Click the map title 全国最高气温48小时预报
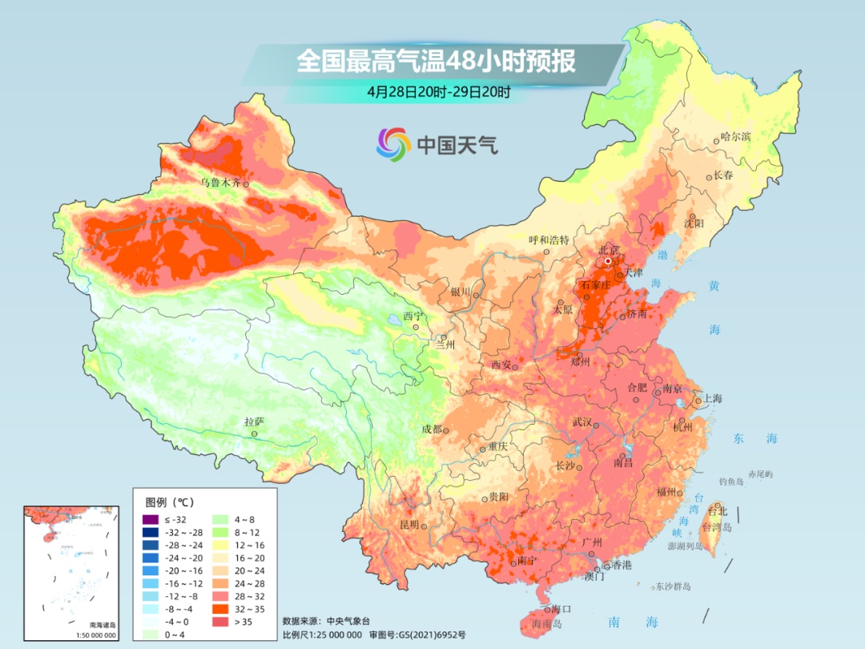coord(437,62)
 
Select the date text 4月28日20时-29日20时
coord(439,91)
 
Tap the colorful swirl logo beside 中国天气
coord(393,144)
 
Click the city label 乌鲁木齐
coord(219,183)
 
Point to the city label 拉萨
coord(254,421)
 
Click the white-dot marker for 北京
coord(609,261)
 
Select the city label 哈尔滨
coord(736,137)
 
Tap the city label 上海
coord(713,399)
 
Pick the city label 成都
coord(432,429)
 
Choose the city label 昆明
coord(408,525)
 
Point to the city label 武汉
coord(583,422)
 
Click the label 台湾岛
coord(717,527)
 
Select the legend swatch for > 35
coord(219,621)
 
